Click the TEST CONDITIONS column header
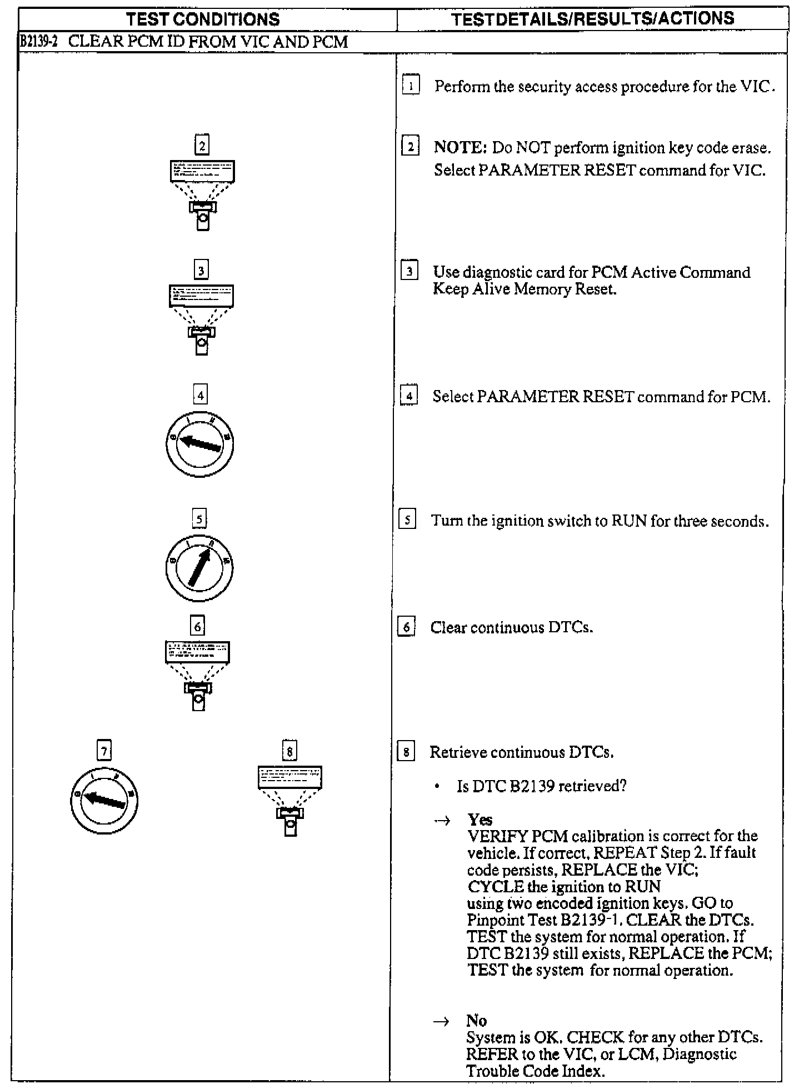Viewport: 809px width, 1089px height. pos(203,19)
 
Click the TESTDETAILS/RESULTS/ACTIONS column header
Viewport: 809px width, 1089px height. pos(593,19)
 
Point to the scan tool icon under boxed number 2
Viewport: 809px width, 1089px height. pos(202,194)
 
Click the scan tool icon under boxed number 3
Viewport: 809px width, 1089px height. pos(201,319)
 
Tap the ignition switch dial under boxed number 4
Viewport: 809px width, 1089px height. pos(199,443)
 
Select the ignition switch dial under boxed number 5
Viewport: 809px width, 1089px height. pos(199,567)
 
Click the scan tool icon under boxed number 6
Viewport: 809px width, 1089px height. pos(198,675)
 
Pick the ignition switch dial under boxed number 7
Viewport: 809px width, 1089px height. pos(104,801)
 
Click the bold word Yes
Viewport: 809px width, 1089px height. pos(480,820)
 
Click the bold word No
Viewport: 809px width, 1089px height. pos(476,1021)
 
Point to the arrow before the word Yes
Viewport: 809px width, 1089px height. pos(442,821)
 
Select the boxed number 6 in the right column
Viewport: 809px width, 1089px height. pos(407,627)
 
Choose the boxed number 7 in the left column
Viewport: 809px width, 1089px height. pos(104,751)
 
